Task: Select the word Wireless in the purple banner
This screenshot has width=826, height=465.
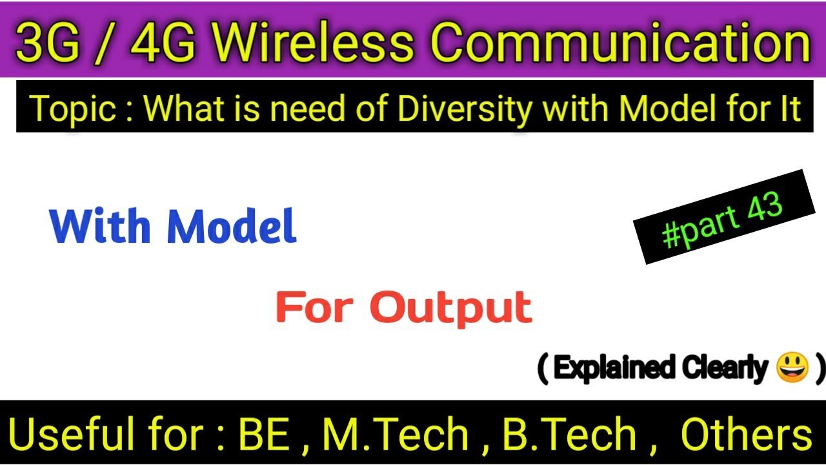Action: click(314, 43)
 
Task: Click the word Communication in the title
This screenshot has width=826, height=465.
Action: click(619, 43)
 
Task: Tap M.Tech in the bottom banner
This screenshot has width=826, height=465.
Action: click(396, 435)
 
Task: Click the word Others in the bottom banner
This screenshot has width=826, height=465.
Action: click(746, 435)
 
